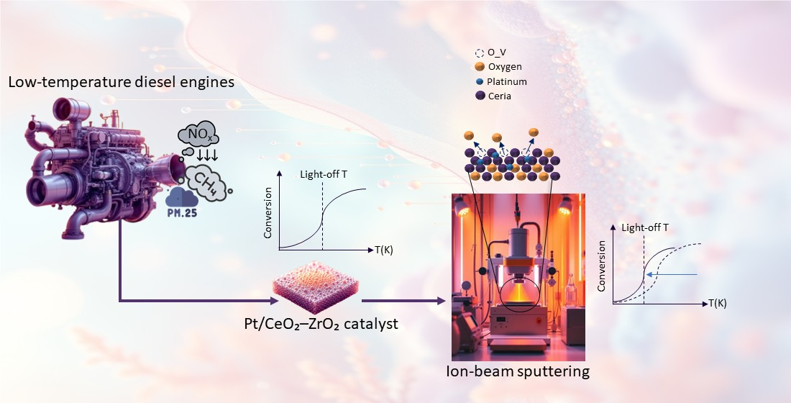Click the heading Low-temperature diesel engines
(121, 83)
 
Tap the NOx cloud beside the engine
(194, 135)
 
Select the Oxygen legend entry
(505, 67)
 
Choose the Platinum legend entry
(507, 81)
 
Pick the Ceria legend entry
(499, 96)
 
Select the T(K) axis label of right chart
(717, 303)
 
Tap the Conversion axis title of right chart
(603, 267)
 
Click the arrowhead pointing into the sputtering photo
(442, 301)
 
